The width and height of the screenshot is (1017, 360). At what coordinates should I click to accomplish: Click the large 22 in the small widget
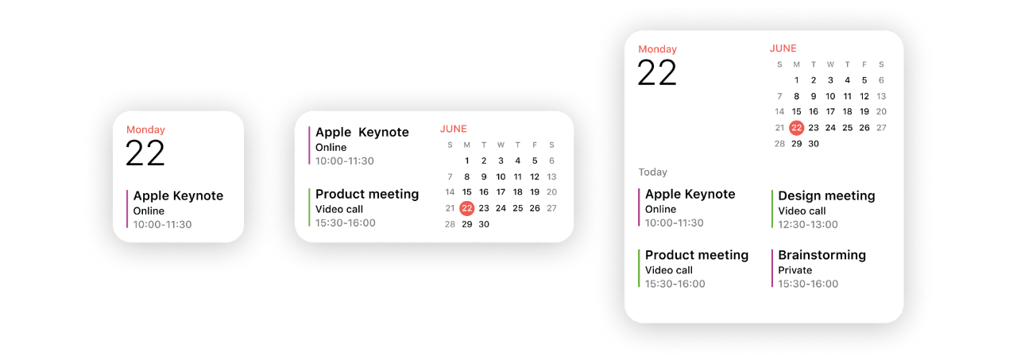[145, 153]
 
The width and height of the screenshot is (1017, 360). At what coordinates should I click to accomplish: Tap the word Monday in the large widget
[657, 49]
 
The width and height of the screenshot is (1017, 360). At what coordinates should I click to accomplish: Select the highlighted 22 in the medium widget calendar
[466, 208]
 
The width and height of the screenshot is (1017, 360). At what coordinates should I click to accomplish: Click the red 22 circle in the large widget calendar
[796, 128]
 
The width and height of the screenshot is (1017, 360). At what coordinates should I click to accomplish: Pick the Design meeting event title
[826, 195]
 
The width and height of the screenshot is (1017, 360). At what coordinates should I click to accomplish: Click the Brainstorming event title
[822, 255]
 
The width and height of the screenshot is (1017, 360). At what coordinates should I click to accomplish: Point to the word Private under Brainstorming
[795, 270]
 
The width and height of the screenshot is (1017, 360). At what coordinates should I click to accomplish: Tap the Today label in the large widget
[653, 172]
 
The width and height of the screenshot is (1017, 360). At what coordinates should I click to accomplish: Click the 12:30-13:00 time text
[808, 224]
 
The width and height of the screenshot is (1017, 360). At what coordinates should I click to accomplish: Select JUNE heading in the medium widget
[453, 129]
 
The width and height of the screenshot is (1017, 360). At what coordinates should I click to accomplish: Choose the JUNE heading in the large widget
[783, 48]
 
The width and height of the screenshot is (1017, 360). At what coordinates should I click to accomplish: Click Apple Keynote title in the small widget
[178, 195]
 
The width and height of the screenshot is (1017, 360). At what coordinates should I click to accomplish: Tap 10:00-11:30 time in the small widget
[163, 224]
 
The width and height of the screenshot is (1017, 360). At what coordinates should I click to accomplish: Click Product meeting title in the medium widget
[367, 194]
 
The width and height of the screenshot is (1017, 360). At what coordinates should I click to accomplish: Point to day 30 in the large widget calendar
[813, 144]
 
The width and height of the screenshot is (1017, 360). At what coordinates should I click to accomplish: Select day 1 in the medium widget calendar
[466, 161]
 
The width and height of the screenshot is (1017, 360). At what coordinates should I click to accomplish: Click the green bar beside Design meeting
[771, 209]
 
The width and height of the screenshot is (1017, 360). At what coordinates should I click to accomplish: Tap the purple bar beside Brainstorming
[771, 269]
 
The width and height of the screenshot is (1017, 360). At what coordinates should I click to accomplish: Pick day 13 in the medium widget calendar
[551, 176]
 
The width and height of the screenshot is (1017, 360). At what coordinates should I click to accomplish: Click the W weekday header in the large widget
[830, 64]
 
